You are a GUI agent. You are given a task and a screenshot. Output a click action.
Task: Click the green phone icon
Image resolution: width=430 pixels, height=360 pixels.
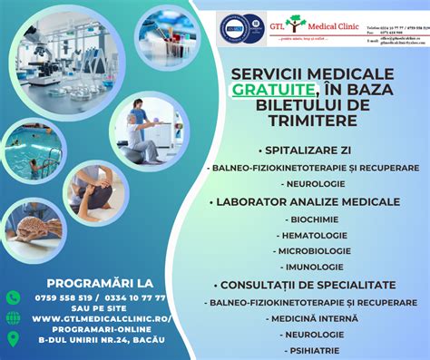13,297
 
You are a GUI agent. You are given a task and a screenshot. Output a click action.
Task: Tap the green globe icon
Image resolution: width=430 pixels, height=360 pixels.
13,318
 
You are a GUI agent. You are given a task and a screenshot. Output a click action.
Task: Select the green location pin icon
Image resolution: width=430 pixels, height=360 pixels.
13,339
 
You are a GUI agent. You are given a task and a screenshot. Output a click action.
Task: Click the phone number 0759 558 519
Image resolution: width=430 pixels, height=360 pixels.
63,297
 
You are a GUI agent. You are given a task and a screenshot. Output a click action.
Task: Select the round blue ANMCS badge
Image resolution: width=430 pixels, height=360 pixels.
230,27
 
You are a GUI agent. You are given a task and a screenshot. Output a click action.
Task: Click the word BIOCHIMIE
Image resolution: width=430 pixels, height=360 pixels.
312,219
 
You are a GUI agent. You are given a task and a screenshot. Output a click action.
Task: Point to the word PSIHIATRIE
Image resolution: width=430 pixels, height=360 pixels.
312,350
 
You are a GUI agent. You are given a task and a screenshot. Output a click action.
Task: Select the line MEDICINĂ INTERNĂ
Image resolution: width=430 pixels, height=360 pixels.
312,317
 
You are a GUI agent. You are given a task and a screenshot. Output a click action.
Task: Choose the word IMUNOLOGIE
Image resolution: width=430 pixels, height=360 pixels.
312,267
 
